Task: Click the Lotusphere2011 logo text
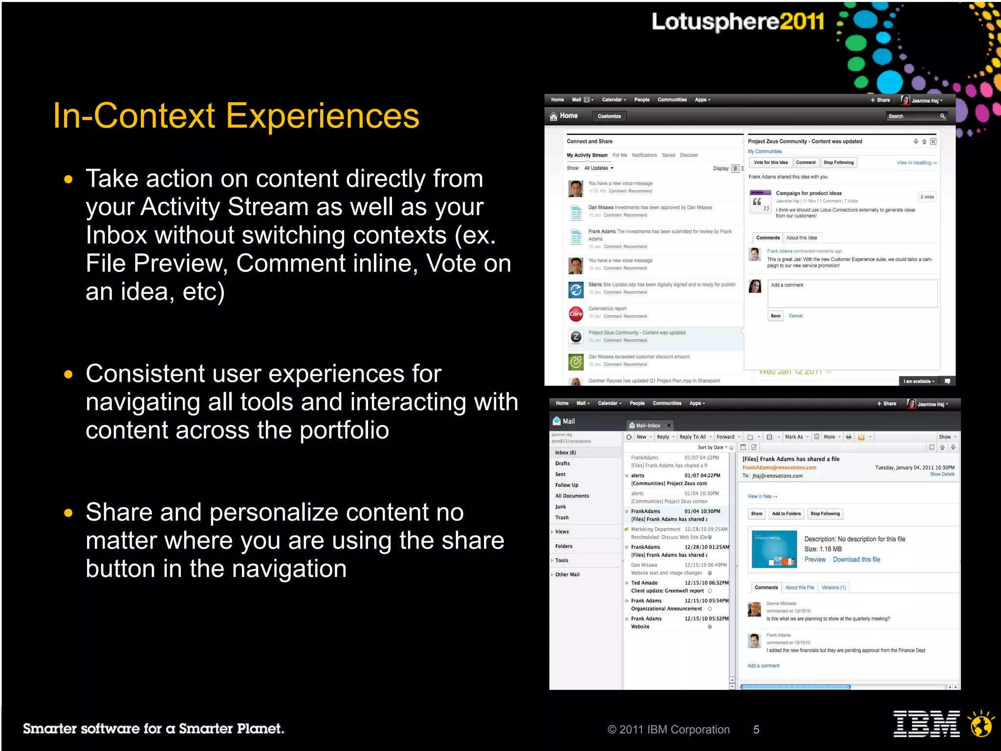coord(737,22)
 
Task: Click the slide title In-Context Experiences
coord(236,116)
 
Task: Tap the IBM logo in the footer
coord(926,724)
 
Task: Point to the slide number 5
coord(756,729)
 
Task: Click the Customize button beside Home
coord(609,116)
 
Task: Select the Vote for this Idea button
coord(770,163)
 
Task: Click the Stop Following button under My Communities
coord(838,163)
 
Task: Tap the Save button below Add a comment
coord(775,316)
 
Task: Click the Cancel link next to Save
coord(795,316)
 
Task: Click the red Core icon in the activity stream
coord(576,314)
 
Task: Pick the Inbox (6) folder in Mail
coord(566,453)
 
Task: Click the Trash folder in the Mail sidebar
coord(562,518)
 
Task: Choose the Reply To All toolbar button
coord(693,437)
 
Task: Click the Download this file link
coord(856,560)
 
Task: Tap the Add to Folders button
coord(786,514)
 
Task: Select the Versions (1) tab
coord(833,588)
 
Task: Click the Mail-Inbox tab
coord(648,425)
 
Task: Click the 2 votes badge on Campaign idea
coord(927,197)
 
